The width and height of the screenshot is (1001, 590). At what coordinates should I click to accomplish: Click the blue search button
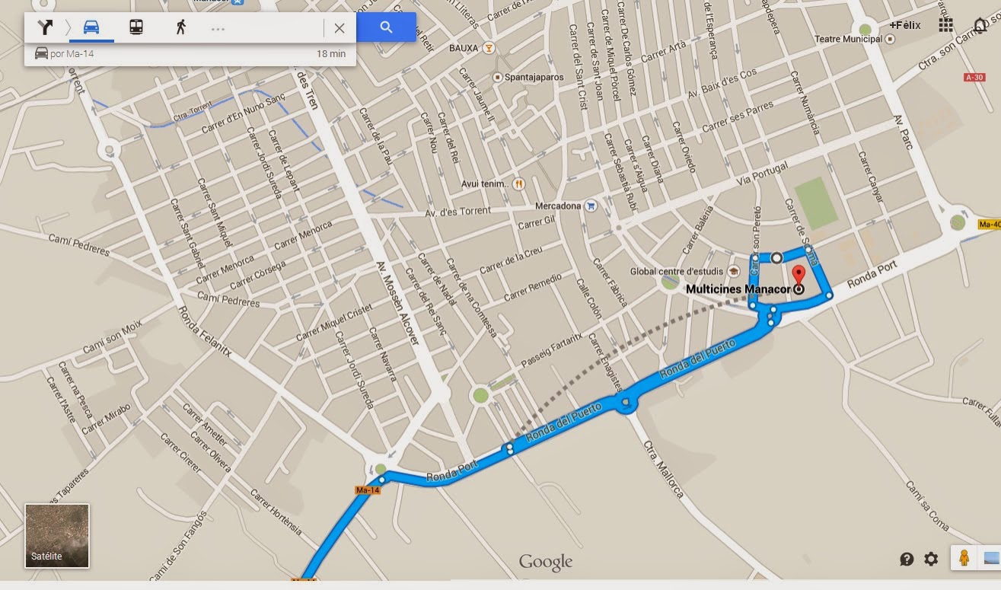pos(386,27)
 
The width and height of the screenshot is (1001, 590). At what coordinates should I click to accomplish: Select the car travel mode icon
pos(91,28)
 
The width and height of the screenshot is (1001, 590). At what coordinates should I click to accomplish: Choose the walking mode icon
pos(180,28)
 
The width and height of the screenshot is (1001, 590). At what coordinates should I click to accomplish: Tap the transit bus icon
pos(136,28)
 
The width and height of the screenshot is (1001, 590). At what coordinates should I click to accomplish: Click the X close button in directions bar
pos(340,28)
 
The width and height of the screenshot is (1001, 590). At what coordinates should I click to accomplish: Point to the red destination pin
pos(799,276)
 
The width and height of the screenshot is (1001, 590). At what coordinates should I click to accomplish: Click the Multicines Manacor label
pos(738,289)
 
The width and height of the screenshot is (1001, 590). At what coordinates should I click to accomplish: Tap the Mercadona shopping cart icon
pos(591,206)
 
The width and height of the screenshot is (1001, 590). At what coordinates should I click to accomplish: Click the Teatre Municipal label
pos(848,39)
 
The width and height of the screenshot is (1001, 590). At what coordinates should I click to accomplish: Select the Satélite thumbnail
pos(57,536)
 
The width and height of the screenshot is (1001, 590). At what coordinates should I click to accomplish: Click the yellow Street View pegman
pos(964,558)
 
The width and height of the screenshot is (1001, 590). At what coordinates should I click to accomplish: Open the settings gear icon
pos(931,560)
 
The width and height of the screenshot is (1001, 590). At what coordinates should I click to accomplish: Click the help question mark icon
pos(907,560)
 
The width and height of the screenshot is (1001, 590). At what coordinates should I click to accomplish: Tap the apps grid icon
pos(945,25)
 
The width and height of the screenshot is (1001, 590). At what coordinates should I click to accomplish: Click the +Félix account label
pos(904,25)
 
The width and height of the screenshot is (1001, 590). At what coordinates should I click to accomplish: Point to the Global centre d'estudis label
pos(677,272)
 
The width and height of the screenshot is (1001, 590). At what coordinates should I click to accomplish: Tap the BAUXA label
pos(464,48)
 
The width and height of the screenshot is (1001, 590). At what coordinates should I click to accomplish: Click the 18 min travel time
pos(331,54)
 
